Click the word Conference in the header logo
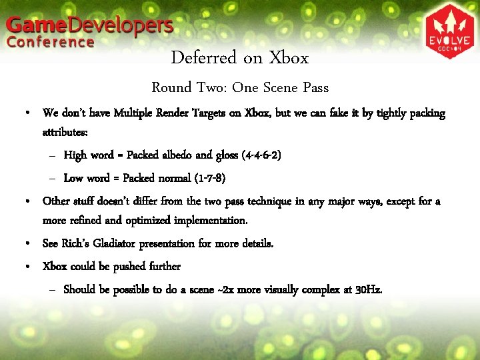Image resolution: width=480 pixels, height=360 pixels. point(51,42)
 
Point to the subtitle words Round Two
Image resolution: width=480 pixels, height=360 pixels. point(180,87)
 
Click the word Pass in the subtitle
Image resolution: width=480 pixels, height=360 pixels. point(314,87)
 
